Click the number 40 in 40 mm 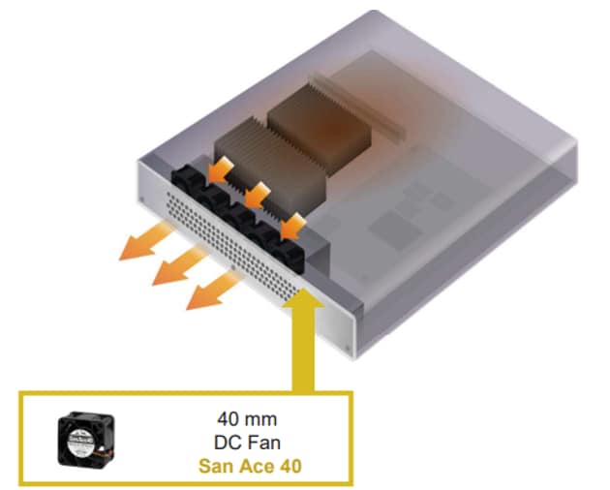(x=228, y=419)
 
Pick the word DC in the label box (x=227, y=443)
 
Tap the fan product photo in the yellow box (x=86, y=440)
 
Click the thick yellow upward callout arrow (x=303, y=343)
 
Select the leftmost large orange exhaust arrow (x=144, y=241)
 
